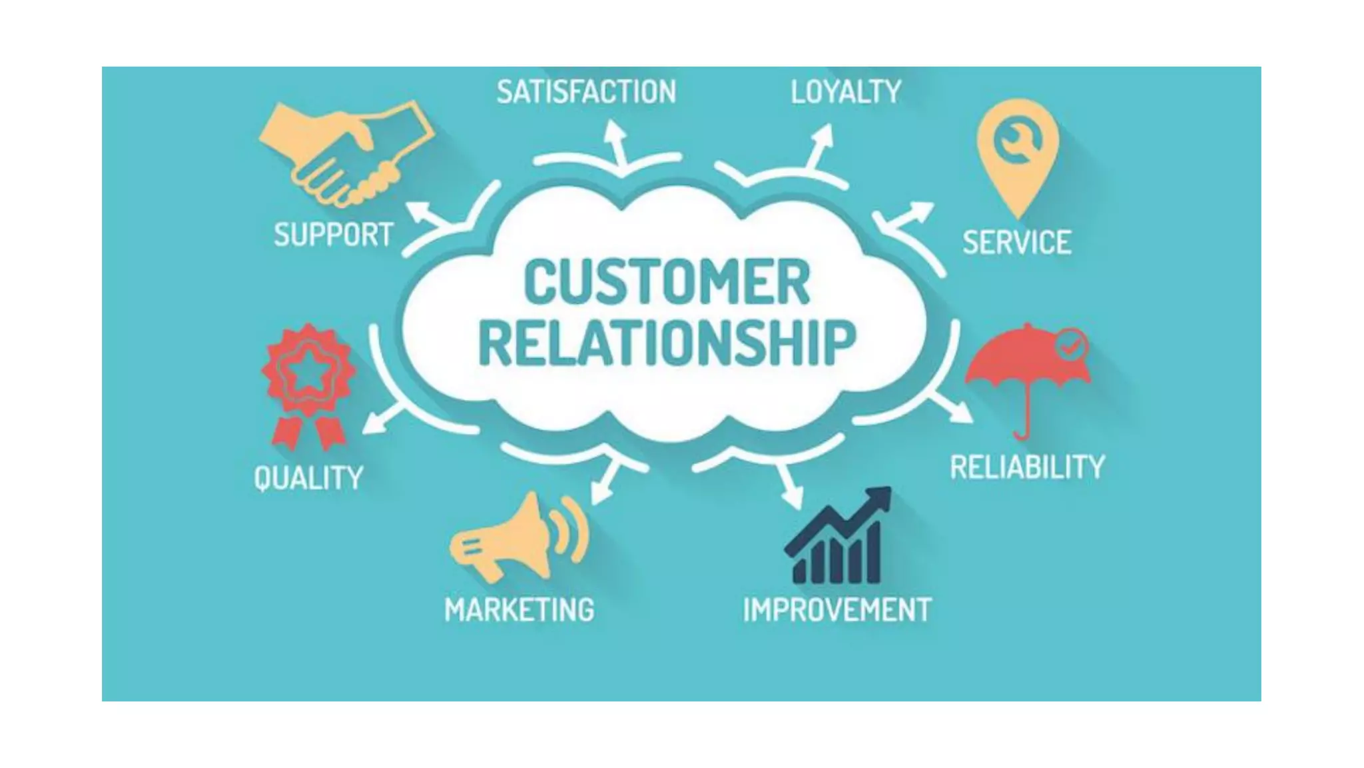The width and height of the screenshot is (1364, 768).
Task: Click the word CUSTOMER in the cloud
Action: coord(667,283)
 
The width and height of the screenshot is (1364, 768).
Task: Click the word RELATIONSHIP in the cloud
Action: coord(667,343)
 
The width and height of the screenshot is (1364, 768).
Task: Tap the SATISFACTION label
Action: coord(586,92)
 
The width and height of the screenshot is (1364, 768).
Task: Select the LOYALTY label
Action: coord(846,92)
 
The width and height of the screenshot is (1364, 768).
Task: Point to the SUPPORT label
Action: coord(334,235)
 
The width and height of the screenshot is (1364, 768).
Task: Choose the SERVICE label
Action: coord(1017,242)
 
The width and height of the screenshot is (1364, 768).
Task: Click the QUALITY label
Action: coord(308,478)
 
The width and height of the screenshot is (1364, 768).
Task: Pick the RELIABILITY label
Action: coord(1027,467)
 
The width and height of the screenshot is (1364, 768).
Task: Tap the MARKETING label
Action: coord(519,609)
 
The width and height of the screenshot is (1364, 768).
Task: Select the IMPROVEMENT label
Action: coord(837,609)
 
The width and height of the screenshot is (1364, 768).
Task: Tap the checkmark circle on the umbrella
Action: coord(1071,345)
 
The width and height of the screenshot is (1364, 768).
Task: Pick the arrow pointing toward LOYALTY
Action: coord(821,143)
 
